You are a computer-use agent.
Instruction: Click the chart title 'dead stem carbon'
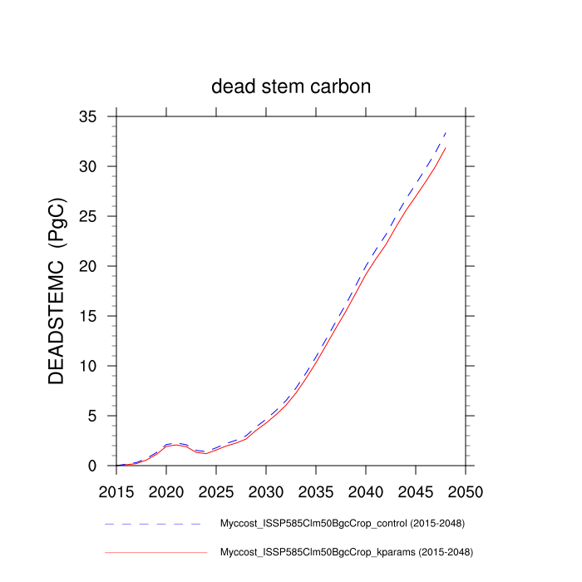click(291, 87)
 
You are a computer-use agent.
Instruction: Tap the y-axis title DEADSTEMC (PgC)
click(57, 291)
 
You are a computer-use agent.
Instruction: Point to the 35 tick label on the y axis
click(98, 117)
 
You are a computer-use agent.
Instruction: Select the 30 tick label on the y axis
click(98, 167)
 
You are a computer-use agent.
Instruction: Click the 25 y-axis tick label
click(98, 217)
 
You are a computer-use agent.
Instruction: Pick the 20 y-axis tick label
click(98, 267)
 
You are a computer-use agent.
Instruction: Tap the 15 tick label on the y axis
click(98, 317)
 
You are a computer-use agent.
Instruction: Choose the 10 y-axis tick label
click(98, 367)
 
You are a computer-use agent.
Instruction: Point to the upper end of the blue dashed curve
click(446, 132)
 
